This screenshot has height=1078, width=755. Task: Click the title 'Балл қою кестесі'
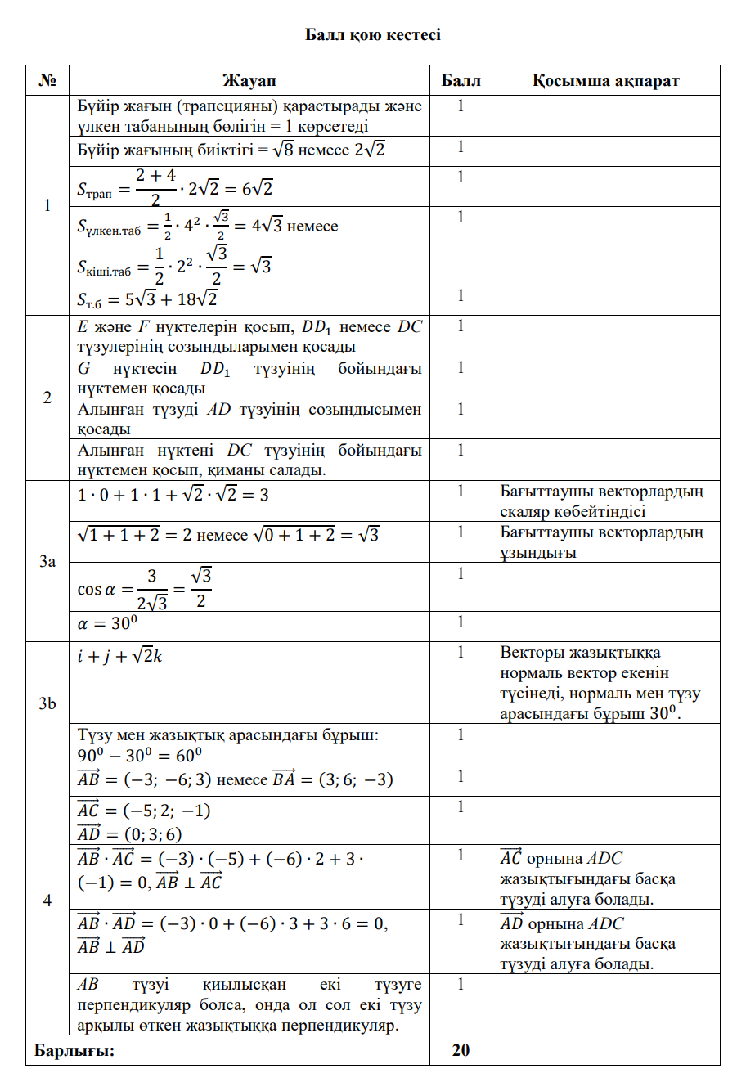pos(372,34)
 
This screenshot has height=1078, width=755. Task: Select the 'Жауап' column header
pos(249,80)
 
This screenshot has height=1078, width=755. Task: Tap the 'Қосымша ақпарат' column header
pos(605,80)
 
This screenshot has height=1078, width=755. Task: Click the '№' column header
pos(47,80)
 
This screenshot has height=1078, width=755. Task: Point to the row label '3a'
pos(47,561)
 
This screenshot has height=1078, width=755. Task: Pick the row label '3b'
pos(47,703)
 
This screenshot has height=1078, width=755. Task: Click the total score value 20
pos(461,1050)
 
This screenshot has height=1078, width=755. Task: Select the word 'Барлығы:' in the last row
pos(74,1050)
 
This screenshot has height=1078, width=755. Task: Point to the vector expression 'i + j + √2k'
pos(120,655)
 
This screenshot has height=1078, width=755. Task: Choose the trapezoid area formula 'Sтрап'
pos(175,187)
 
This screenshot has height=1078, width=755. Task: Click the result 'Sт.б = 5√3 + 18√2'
pos(147,299)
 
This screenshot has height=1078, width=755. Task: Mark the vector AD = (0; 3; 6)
pos(129,833)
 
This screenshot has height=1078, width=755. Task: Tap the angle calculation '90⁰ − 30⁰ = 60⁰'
pos(140,755)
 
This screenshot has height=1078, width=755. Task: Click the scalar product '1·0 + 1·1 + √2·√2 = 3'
pos(173,494)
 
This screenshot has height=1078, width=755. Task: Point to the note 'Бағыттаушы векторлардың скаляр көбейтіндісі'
pos(601,501)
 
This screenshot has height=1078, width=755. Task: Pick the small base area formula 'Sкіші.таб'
pos(174,266)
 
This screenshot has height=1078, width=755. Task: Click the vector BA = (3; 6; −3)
pos(332,779)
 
